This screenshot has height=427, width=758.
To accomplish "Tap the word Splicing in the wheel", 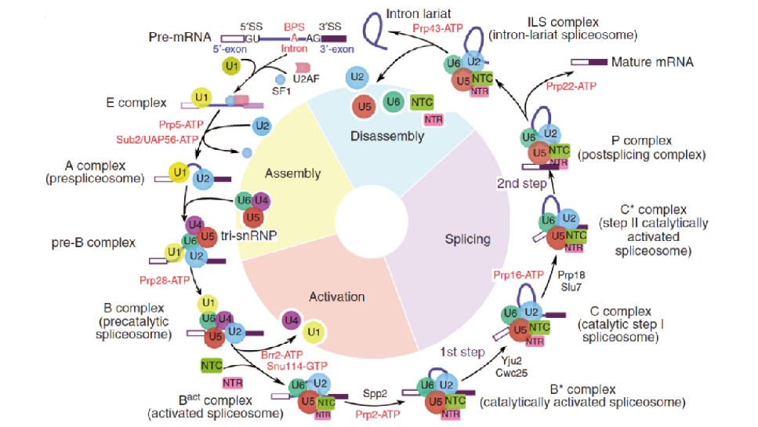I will coord(467,239).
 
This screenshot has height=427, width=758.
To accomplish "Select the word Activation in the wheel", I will coord(336,297).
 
